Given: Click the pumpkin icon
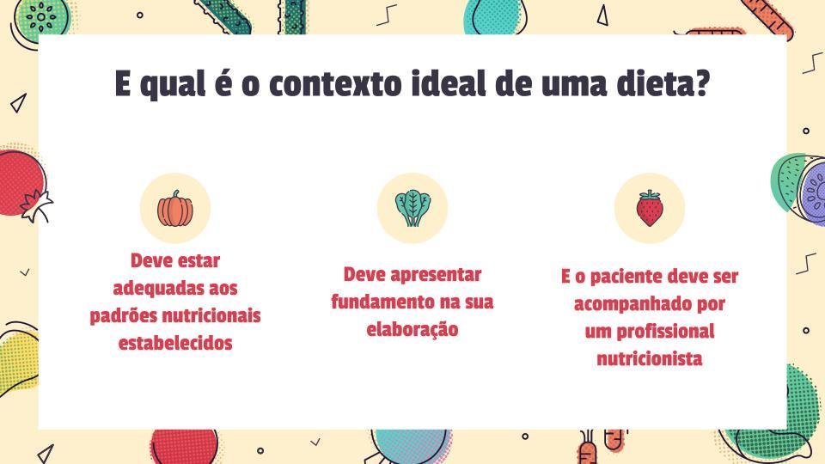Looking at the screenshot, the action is tap(175, 209).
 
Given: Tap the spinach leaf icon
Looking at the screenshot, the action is tap(412, 208).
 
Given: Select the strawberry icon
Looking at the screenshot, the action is tap(650, 209).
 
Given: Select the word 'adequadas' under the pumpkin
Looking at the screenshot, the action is tap(161, 288).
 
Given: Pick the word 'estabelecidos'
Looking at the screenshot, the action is tap(175, 343).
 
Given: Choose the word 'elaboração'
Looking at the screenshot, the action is tap(412, 330).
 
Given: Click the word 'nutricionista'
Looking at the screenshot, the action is tap(650, 359).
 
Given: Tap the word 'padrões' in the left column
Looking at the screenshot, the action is tap(119, 315).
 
